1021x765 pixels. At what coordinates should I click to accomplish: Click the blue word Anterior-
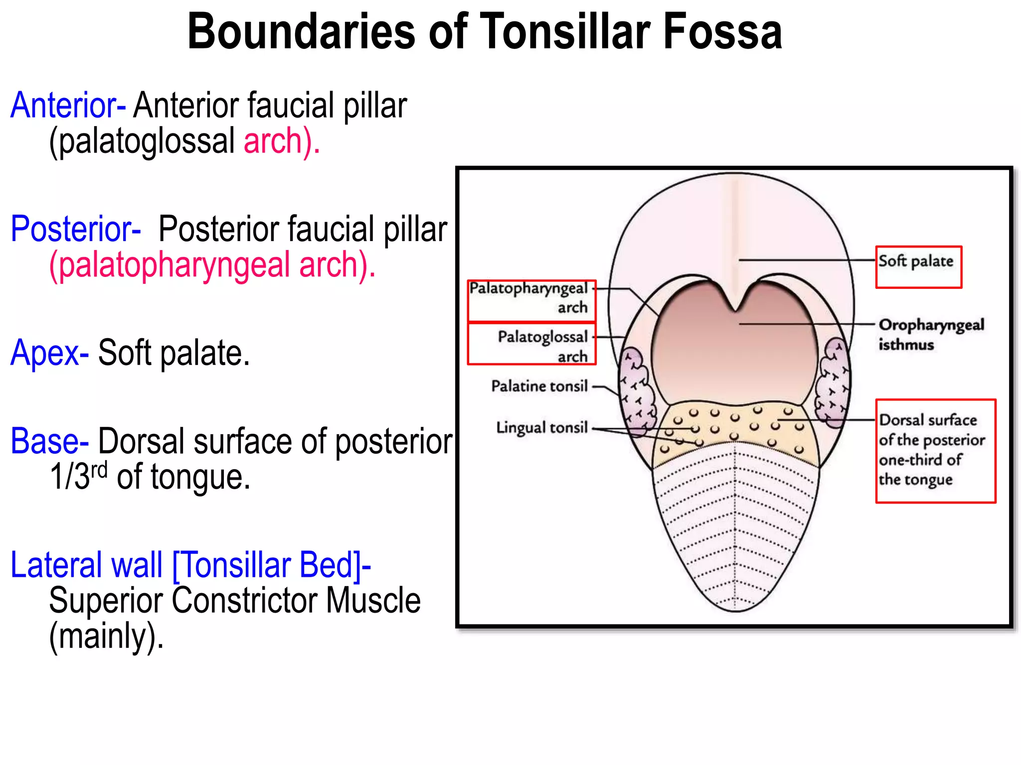(68, 106)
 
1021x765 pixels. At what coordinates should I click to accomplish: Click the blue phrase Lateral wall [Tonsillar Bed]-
(191, 565)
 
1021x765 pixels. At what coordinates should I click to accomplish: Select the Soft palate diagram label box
(918, 266)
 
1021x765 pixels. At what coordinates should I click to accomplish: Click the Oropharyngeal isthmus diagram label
(930, 334)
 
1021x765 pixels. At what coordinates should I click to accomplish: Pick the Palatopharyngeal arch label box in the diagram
(531, 300)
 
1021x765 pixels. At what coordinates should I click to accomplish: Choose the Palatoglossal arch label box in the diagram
(531, 344)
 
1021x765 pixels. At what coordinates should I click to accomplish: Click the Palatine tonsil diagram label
(539, 386)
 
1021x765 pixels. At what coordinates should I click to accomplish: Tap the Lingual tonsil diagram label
(542, 427)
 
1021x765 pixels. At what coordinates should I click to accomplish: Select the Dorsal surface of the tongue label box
(935, 450)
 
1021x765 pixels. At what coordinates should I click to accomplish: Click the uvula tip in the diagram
(735, 308)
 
